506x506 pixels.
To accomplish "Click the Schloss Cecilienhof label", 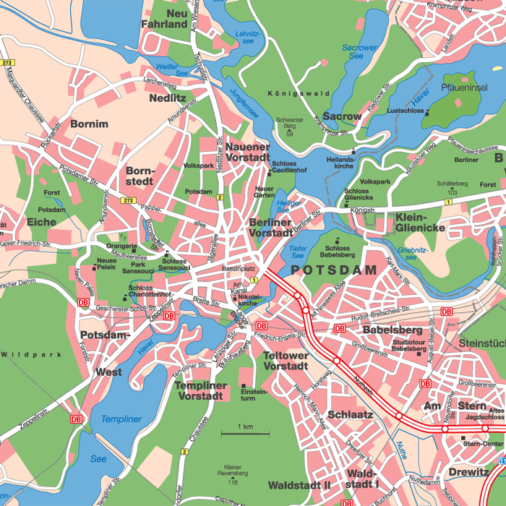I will click(x=289, y=168).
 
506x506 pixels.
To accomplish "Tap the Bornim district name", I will click(x=90, y=124).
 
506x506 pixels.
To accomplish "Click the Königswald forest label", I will click(x=298, y=94).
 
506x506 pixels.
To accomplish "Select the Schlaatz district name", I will click(x=350, y=415).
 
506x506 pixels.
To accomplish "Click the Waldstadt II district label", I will click(x=299, y=484).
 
